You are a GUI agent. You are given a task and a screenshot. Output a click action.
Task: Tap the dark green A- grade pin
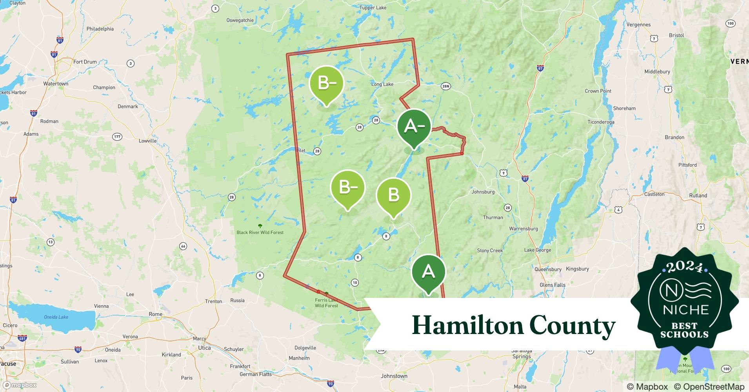click(x=414, y=127)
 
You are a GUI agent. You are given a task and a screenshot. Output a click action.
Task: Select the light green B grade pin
click(x=393, y=195)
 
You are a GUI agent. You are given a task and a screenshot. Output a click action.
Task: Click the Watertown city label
click(x=56, y=83)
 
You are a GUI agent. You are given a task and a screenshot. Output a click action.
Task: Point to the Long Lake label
click(x=382, y=84)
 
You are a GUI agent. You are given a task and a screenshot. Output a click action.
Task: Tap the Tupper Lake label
click(x=373, y=7)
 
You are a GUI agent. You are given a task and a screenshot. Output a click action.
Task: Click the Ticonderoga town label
click(x=601, y=122)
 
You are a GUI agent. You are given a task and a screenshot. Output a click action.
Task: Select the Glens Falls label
click(x=552, y=285)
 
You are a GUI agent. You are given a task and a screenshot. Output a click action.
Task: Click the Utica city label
click(x=204, y=348)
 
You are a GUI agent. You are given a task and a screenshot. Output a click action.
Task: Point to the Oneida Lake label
click(x=56, y=317)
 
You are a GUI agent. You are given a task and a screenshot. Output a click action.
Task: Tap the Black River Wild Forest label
click(x=260, y=232)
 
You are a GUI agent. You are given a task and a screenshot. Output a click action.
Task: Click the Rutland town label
click(x=698, y=196)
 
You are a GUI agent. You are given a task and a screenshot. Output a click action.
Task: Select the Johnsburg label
click(x=483, y=192)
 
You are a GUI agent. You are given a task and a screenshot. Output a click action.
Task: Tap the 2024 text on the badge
click(x=684, y=267)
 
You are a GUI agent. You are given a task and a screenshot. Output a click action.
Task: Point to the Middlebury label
click(x=657, y=72)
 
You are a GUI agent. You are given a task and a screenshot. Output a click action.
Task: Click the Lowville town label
click(x=147, y=141)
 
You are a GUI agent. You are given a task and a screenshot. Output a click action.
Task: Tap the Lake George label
click(x=537, y=250)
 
